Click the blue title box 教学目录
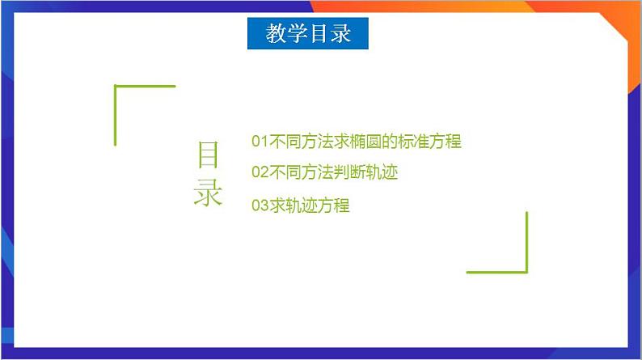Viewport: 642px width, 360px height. [307, 34]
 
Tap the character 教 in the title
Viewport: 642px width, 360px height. [276, 34]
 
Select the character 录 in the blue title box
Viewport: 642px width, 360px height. [340, 34]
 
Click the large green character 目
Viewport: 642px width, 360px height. [208, 155]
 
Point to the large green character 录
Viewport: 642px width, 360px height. [208, 193]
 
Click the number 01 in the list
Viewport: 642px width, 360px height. [259, 142]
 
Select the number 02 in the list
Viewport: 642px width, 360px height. [259, 172]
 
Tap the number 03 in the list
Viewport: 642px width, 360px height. [259, 205]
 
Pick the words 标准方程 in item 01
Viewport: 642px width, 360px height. [429, 142]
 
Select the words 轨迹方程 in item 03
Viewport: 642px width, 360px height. [317, 205]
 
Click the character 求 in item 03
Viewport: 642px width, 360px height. [277, 205]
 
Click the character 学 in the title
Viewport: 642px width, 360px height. [297, 34]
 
